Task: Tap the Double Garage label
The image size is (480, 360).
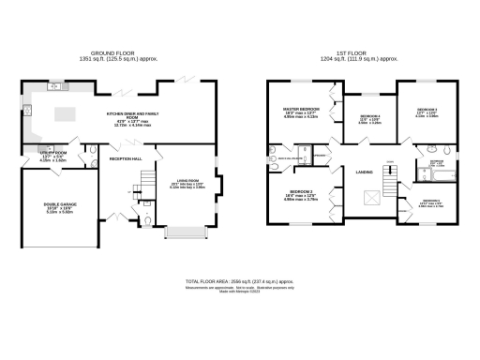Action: [59, 208]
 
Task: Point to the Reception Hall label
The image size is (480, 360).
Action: [125, 160]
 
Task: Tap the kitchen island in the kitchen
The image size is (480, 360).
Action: [66, 114]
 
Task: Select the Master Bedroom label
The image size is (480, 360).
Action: [302, 112]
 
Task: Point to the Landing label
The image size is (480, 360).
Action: [366, 172]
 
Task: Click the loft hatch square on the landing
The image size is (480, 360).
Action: [372, 198]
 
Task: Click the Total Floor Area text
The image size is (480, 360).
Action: [239, 281]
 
